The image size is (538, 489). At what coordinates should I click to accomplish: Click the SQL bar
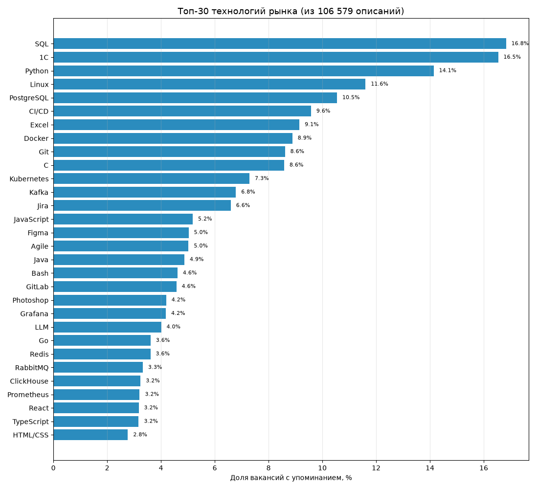click(280, 44)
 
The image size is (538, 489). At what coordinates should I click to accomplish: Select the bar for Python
click(244, 71)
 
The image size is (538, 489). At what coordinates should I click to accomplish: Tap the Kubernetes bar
click(151, 178)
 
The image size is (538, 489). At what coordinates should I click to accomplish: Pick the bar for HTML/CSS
click(90, 435)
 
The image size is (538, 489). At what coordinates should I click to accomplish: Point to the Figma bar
click(121, 233)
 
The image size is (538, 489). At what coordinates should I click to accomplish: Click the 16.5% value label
click(512, 57)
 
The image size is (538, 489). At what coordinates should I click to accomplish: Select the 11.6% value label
click(379, 84)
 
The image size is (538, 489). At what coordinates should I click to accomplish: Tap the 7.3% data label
click(262, 178)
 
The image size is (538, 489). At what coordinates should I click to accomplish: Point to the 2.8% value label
click(140, 434)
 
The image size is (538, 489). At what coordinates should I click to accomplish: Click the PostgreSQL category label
click(29, 98)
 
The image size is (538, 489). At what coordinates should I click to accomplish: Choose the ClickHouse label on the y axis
click(29, 381)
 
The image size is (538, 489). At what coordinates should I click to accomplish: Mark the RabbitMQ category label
click(32, 368)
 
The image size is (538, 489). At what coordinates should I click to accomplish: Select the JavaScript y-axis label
click(31, 219)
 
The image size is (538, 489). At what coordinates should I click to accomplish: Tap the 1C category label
click(44, 57)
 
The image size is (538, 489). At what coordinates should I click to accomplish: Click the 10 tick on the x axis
click(322, 467)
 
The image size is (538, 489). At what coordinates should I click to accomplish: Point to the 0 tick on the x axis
click(53, 467)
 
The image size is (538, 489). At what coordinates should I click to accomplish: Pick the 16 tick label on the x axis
click(484, 467)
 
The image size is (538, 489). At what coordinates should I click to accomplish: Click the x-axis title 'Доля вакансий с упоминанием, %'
click(291, 478)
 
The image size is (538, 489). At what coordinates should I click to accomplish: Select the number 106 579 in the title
click(335, 11)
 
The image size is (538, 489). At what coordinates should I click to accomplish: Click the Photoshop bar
click(110, 300)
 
